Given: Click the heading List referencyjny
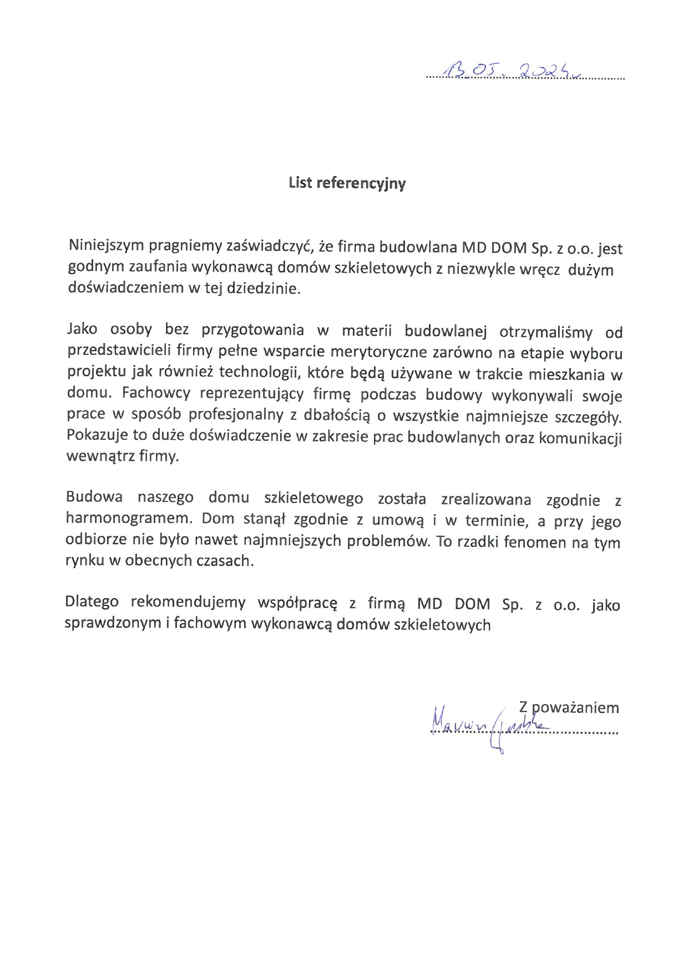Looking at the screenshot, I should click(x=347, y=183).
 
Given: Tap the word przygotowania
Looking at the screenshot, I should click(x=253, y=330).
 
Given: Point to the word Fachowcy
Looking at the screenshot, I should click(x=156, y=394).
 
